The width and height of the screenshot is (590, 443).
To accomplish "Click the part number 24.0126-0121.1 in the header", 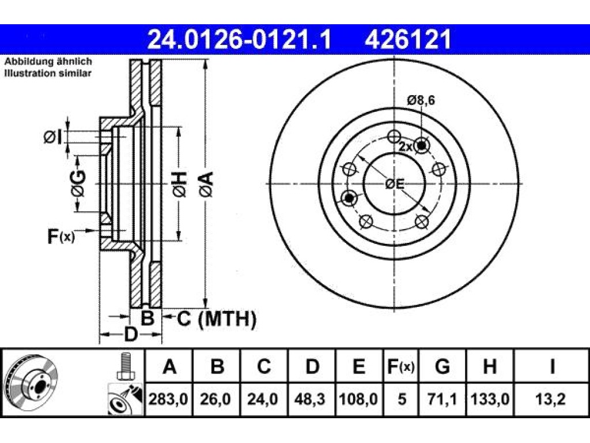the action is click(x=239, y=39).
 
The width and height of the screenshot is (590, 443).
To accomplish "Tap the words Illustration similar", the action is click(x=48, y=73).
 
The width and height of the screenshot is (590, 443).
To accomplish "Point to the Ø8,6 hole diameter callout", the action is click(x=421, y=100).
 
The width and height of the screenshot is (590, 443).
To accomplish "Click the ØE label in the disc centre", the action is click(x=395, y=184).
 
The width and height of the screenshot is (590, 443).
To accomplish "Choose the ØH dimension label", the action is click(x=180, y=184).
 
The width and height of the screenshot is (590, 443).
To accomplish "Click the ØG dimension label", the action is click(x=78, y=183).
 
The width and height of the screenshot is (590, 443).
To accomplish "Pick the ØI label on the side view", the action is click(x=52, y=137).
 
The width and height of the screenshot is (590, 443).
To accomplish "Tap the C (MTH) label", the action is click(x=217, y=319).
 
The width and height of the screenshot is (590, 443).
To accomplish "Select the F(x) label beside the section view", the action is click(x=61, y=236).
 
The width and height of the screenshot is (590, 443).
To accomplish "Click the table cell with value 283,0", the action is click(x=169, y=399).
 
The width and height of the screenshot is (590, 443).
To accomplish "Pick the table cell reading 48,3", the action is click(x=312, y=399).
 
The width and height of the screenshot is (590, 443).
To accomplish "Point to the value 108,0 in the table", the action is click(x=360, y=399).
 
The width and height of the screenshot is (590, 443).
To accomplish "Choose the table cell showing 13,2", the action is click(x=551, y=399).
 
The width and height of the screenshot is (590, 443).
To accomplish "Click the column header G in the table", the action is click(x=442, y=366).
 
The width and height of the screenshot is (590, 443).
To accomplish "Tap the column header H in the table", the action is click(x=490, y=366).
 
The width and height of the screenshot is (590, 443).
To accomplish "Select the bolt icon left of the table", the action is click(x=124, y=366).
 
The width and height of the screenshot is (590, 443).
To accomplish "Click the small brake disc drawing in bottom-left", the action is click(x=31, y=384).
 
